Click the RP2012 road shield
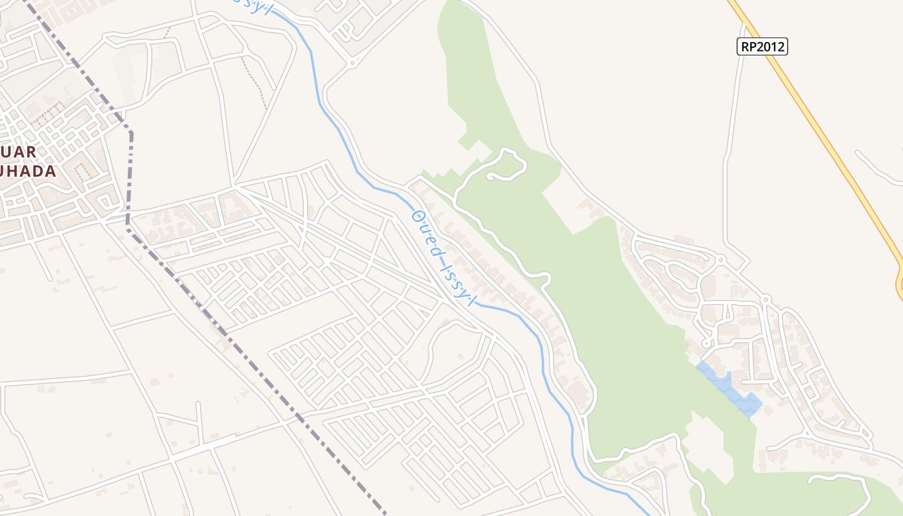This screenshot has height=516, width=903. [x=762, y=46]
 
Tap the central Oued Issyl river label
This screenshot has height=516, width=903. [x=444, y=258]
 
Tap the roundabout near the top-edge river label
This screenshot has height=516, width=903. [x=352, y=63]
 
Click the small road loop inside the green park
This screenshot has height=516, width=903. [x=506, y=164]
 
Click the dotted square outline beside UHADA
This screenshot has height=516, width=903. [x=81, y=172]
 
